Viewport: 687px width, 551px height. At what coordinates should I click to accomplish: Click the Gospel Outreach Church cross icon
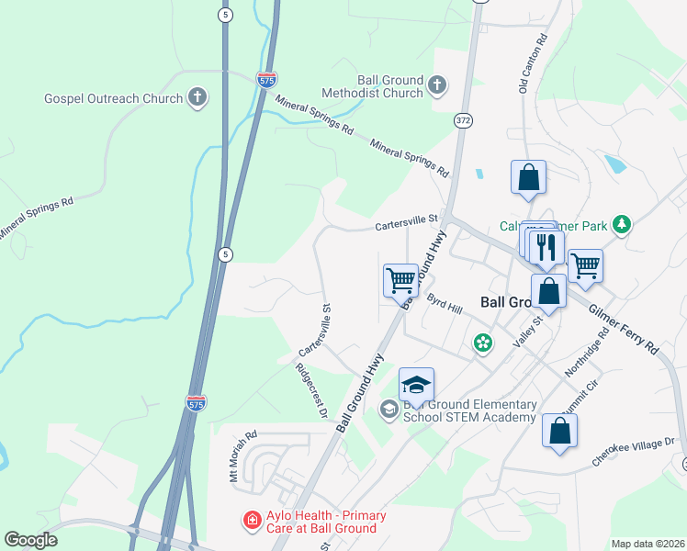click(197, 96)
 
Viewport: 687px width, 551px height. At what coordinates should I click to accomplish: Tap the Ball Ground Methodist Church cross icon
click(436, 85)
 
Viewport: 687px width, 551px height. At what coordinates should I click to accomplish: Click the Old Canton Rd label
click(533, 64)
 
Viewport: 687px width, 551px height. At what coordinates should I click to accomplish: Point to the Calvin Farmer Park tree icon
click(623, 225)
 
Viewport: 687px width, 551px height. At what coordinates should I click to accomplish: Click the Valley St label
click(528, 329)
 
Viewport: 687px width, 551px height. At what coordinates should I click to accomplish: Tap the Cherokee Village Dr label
click(633, 451)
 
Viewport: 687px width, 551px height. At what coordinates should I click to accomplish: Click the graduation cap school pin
click(416, 386)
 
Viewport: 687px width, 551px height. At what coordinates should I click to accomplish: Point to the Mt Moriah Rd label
click(241, 455)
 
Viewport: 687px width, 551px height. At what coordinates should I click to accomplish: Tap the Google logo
click(30, 540)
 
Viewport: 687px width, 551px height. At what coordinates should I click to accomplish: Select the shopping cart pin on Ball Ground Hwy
click(400, 279)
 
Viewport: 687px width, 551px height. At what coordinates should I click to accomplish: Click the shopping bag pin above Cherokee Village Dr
click(559, 430)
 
